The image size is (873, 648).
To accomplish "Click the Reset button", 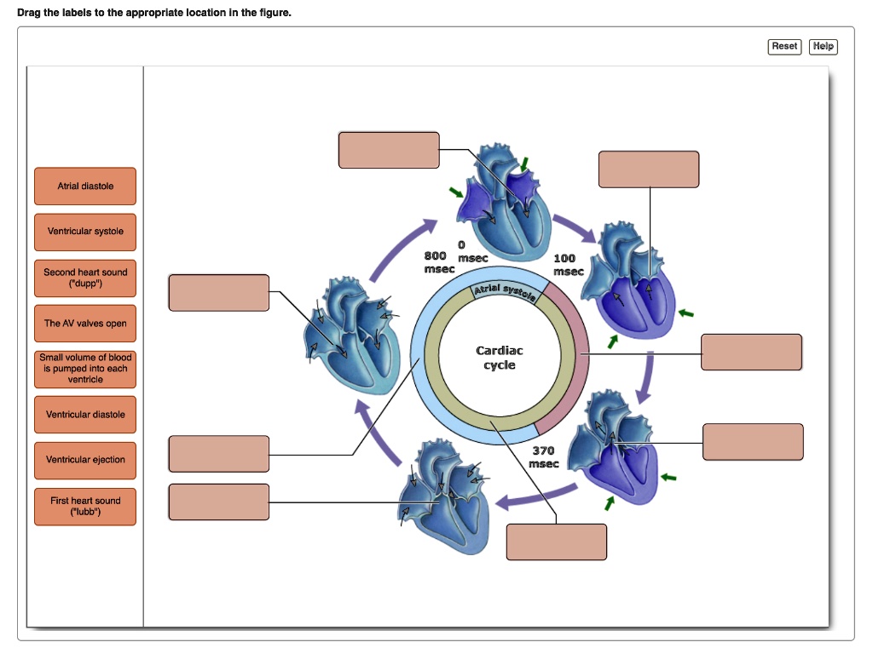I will click(x=784, y=46).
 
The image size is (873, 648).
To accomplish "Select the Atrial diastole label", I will click(x=85, y=186).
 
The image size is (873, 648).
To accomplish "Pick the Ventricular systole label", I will click(x=85, y=232).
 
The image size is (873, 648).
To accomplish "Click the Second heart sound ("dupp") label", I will click(x=85, y=278).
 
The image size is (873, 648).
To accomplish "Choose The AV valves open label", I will click(x=85, y=324).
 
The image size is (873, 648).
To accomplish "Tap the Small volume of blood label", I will click(x=85, y=369).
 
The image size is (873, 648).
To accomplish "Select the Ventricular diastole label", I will click(x=85, y=415).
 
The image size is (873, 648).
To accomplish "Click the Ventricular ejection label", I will click(x=85, y=460).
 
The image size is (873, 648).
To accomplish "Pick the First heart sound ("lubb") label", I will click(x=85, y=507).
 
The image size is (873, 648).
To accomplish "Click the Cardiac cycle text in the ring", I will click(x=500, y=358).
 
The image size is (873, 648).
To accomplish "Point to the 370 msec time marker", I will click(x=544, y=457).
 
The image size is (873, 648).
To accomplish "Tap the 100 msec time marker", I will click(x=567, y=265).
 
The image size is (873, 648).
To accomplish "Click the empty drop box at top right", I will click(x=649, y=169).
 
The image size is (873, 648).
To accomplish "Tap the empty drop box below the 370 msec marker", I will click(x=557, y=542).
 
